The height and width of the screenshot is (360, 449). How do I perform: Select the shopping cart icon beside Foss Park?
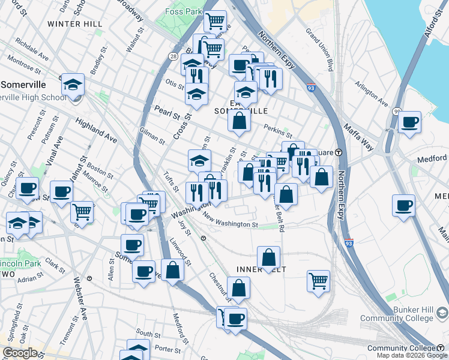(x=215, y=22)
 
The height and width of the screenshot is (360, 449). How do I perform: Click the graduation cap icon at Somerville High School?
(x=73, y=85)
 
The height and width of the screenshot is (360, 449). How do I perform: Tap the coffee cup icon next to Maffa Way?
(x=411, y=122)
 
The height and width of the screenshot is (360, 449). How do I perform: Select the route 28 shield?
(x=173, y=56)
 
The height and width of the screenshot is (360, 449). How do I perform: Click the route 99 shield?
(x=397, y=111)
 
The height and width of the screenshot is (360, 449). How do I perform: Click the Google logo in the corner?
(x=20, y=353)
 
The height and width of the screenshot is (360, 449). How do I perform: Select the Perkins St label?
(x=277, y=130)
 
